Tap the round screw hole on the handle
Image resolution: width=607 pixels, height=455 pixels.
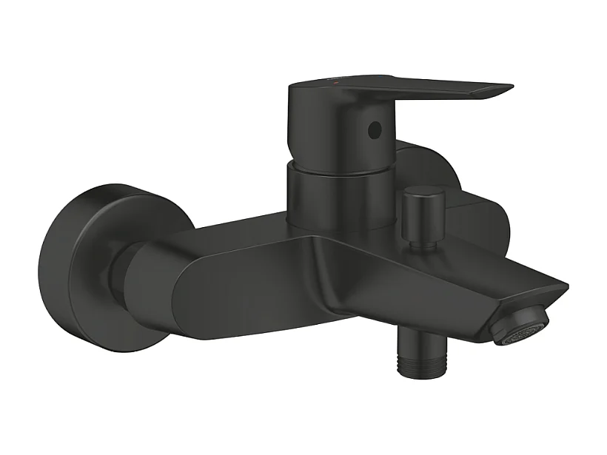click(x=375, y=130)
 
